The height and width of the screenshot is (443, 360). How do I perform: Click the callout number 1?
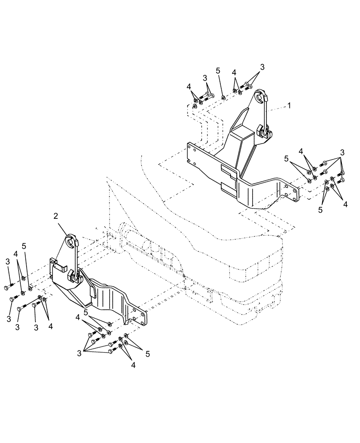289,106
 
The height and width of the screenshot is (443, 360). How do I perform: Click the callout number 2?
56,216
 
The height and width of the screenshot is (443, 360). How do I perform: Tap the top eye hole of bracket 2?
70,241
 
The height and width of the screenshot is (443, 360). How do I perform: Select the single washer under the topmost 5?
223,97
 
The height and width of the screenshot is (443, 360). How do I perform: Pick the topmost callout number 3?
262,67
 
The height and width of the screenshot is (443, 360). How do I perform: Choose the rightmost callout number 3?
342,152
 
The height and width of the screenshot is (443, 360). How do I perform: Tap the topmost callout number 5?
218,71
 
